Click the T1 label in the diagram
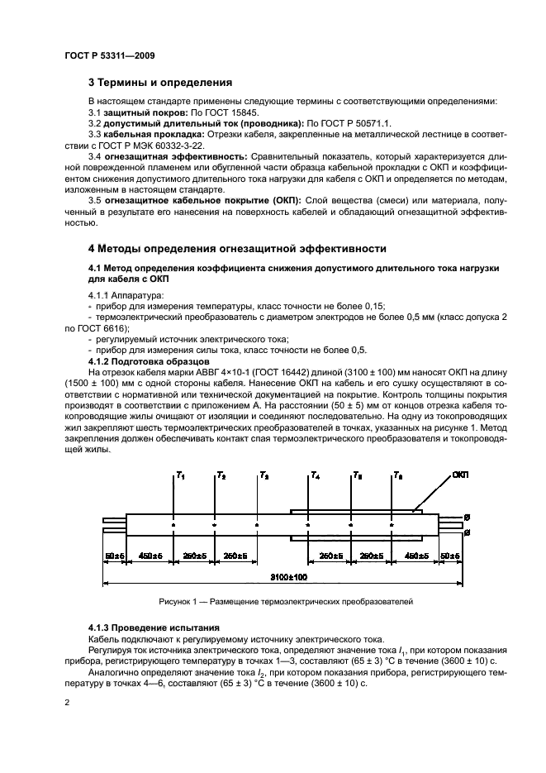click(x=180, y=476)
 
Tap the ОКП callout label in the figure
click(x=485, y=476)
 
